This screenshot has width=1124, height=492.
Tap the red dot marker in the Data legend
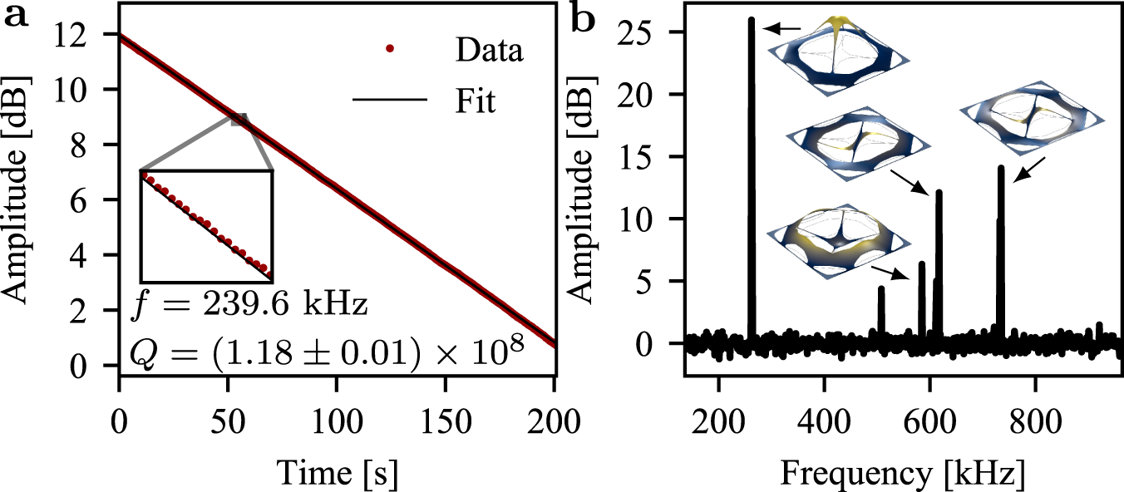pyautogui.click(x=391, y=51)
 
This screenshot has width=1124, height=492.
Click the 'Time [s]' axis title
pyautogui.click(x=336, y=474)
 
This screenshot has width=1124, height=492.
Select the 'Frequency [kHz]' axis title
pyautogui.click(x=903, y=474)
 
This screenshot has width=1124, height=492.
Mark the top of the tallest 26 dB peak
pyautogui.click(x=752, y=20)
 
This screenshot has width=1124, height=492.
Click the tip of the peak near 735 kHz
pyautogui.click(x=1001, y=169)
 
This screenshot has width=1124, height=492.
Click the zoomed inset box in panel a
pyautogui.click(x=206, y=224)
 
